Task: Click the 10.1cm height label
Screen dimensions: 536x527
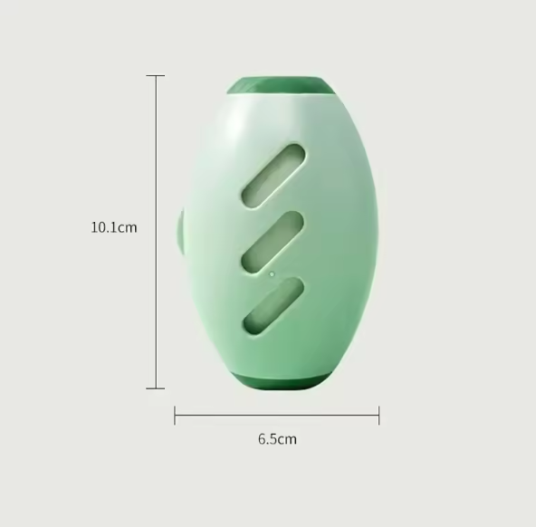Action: (x=114, y=227)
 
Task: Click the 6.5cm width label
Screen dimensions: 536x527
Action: (x=277, y=439)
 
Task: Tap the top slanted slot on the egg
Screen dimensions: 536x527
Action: (x=273, y=176)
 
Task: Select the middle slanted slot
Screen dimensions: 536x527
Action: (x=273, y=243)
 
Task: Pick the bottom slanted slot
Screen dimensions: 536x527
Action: (x=273, y=306)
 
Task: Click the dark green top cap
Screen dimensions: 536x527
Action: (x=281, y=85)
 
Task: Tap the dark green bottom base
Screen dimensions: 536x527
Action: (x=281, y=380)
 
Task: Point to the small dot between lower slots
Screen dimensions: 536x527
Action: (x=273, y=274)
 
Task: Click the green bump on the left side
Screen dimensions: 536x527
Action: (x=180, y=232)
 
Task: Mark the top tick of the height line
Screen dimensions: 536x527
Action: (x=156, y=75)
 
